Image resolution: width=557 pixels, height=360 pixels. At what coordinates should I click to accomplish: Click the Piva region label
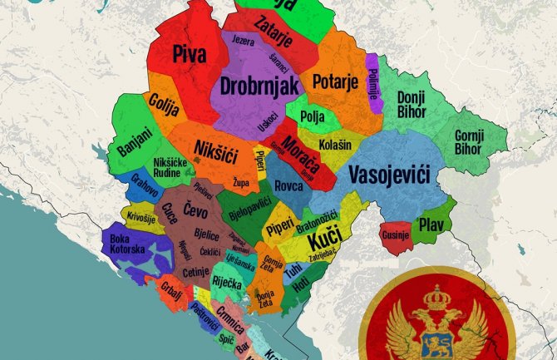[190, 55]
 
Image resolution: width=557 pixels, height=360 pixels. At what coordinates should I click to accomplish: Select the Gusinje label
[396, 234]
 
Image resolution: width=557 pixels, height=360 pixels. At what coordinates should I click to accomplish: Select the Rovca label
[288, 186]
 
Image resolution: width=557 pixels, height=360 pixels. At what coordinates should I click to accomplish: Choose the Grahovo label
[144, 185]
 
